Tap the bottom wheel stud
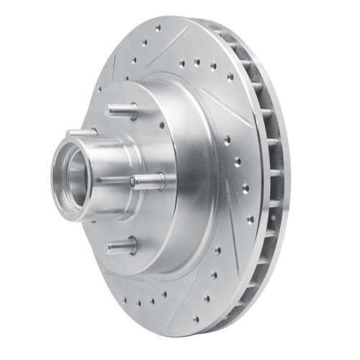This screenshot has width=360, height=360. pyautogui.click(x=122, y=246)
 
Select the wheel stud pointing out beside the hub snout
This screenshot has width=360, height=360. pyautogui.click(x=148, y=180)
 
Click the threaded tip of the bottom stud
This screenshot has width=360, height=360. pyautogui.click(x=111, y=247)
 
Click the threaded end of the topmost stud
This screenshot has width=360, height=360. pyautogui.click(x=112, y=109)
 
